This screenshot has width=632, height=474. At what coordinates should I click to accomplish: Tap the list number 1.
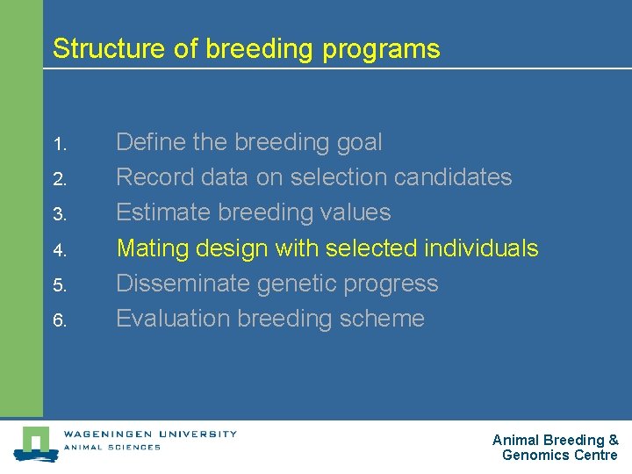pyautogui.click(x=58, y=143)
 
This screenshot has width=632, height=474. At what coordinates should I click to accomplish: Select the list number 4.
pyautogui.click(x=59, y=250)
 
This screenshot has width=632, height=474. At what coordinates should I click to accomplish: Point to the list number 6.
pyautogui.click(x=59, y=320)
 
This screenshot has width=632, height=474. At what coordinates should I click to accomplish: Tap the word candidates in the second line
pyautogui.click(x=453, y=177)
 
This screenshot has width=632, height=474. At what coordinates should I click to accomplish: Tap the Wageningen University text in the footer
pyautogui.click(x=149, y=433)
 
